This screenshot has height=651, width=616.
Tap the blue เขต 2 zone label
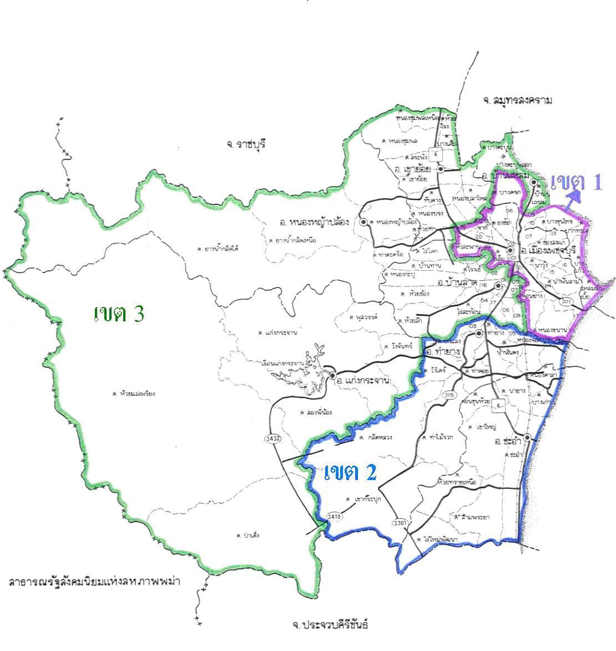tap(350, 472)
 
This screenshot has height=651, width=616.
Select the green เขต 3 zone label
tap(119, 314)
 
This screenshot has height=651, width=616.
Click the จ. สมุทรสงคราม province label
tap(518, 100)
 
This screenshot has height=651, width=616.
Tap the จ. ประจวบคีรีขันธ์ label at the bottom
tap(330, 624)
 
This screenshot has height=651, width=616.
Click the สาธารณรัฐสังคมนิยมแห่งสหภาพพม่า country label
tap(95, 582)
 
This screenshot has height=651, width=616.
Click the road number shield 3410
tap(335, 517)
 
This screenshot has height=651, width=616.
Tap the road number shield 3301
tap(400, 523)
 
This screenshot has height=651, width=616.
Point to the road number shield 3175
tap(449, 395)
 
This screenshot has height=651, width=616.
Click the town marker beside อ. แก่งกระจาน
tap(332, 376)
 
